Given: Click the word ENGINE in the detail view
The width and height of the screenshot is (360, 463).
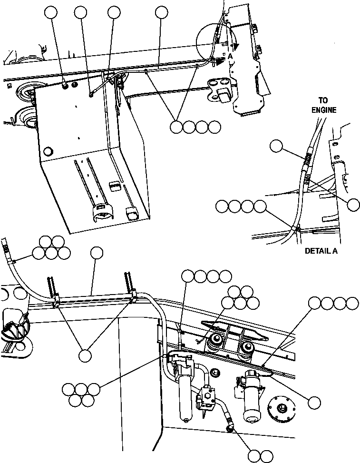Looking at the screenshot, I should coord(324,110).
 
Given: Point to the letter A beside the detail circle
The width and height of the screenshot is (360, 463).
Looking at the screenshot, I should coord(230,56).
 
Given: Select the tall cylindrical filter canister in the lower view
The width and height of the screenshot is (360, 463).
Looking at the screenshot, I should coord(185,390).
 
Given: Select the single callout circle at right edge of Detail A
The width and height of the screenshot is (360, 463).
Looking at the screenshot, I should coord(353,205).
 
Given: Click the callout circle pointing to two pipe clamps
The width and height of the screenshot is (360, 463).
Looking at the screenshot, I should coord(85,355).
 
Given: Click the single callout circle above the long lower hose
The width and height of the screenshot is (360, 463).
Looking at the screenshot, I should coord(97,253).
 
